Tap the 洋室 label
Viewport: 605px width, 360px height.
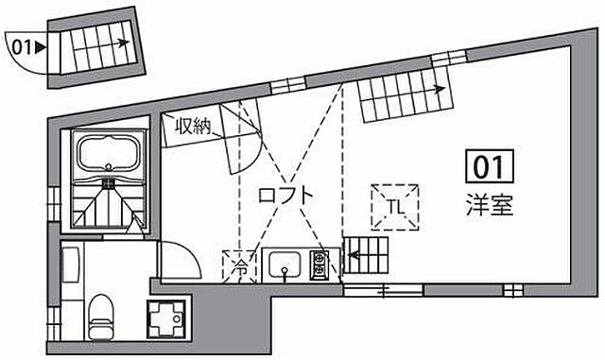490,205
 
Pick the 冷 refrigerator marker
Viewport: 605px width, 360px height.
241,265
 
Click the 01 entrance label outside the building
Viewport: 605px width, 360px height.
24,44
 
